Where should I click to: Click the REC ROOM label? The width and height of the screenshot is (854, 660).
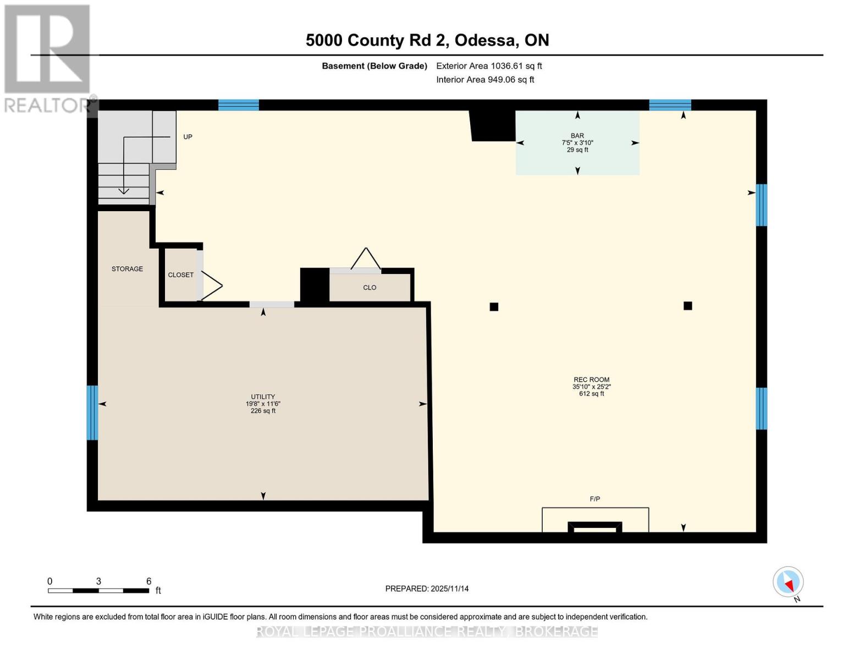pyautogui.click(x=591, y=380)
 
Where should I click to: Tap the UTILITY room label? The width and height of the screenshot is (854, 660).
pyautogui.click(x=263, y=397)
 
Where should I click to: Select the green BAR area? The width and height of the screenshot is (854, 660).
pyautogui.click(x=577, y=157)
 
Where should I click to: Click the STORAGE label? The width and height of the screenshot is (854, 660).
pyautogui.click(x=127, y=269)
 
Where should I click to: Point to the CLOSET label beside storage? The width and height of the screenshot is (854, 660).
pyautogui.click(x=180, y=274)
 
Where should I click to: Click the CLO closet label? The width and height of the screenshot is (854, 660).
pyautogui.click(x=370, y=288)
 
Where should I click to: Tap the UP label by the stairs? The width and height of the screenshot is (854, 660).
pyautogui.click(x=188, y=137)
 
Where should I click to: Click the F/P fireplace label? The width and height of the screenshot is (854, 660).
pyautogui.click(x=594, y=499)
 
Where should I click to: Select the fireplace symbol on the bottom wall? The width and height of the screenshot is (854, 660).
pyautogui.click(x=595, y=526)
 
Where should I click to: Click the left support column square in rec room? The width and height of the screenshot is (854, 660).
pyautogui.click(x=494, y=307)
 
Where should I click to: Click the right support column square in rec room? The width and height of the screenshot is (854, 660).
pyautogui.click(x=687, y=306)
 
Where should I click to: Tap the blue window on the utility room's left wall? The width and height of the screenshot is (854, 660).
pyautogui.click(x=92, y=413)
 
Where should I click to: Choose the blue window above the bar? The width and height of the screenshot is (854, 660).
pyautogui.click(x=670, y=105)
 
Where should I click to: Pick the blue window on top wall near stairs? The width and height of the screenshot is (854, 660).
pyautogui.click(x=239, y=105)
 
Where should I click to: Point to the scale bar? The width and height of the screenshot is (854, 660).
pyautogui.click(x=98, y=591)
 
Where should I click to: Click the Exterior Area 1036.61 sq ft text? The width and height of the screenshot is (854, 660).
pyautogui.click(x=489, y=66)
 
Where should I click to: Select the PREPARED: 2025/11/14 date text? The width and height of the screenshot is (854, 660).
pyautogui.click(x=427, y=588)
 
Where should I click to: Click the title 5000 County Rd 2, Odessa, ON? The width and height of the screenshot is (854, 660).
pyautogui.click(x=427, y=40)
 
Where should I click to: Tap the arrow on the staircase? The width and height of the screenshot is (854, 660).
pyautogui.click(x=124, y=190)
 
